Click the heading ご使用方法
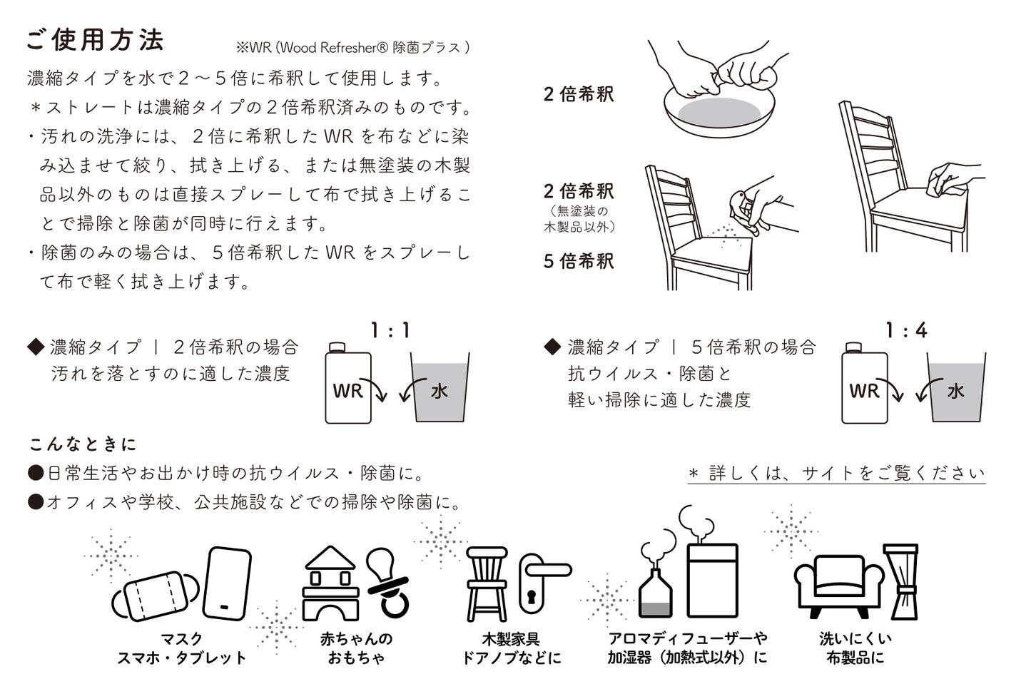pos(95,40)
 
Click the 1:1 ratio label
pos(390,331)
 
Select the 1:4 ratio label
pos(906,331)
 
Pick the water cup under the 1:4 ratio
pos(956,389)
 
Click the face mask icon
pos(153,594)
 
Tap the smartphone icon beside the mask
pos(228,583)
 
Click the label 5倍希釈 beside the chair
pos(579,261)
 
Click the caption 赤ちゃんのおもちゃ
pos(355,648)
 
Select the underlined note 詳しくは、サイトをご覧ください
pos(836,474)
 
